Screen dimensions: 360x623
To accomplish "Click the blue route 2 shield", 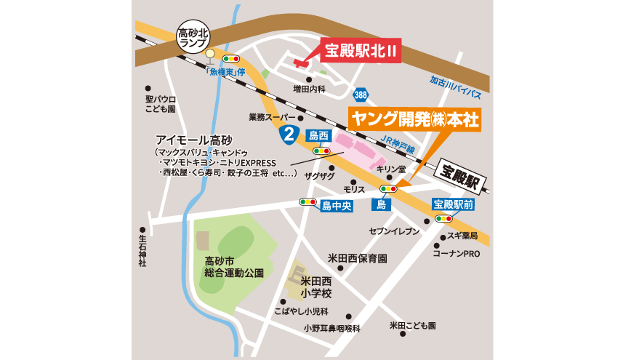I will pos(289,133).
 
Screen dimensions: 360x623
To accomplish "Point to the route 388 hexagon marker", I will pos(361,96).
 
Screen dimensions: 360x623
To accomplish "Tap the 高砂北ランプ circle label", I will pos(193,34).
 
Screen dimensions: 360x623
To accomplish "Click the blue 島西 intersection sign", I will pos(319,135).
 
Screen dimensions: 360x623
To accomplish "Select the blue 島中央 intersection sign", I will pos(337,206).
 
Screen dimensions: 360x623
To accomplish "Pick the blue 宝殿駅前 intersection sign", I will pos(454,205).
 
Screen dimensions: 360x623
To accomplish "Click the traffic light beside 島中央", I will pos(308,202).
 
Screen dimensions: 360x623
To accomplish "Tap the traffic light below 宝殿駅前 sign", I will pos(443,218).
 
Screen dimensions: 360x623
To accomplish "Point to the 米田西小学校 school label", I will pos(315,287).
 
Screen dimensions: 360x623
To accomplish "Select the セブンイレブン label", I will pos(395,231).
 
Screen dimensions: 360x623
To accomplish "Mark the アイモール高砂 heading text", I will pos(192,140).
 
